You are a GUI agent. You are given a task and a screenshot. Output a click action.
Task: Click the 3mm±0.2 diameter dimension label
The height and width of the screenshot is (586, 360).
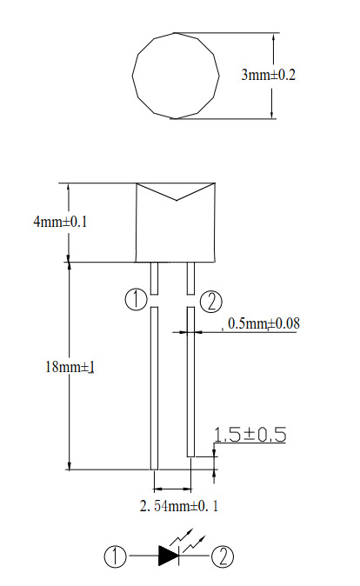[x=269, y=75]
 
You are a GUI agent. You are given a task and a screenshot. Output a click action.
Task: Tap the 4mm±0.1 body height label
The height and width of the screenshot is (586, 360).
[x=60, y=222]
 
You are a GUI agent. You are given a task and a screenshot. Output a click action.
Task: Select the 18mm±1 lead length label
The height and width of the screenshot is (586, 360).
[x=70, y=367]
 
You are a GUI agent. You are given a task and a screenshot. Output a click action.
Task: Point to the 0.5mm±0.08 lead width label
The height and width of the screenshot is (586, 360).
[x=263, y=323]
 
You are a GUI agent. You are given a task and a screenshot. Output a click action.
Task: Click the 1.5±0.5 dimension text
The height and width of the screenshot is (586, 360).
[x=250, y=435]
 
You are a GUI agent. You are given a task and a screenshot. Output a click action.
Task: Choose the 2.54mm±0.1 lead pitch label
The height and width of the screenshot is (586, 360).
[x=178, y=506]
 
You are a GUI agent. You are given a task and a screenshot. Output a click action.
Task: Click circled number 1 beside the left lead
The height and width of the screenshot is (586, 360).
[x=136, y=300]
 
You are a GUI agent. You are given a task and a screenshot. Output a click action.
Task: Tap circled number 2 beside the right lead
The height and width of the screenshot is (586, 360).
[x=210, y=303]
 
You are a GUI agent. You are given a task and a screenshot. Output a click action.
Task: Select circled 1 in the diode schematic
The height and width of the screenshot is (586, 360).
[x=115, y=556]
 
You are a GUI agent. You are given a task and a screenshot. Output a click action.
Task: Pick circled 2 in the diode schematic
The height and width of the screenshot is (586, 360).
[x=223, y=556]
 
